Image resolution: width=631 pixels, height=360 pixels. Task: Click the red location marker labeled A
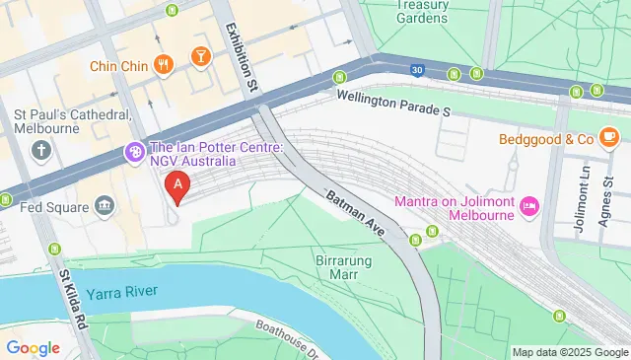[x=177, y=184]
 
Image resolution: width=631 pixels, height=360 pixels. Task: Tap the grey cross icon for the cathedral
[x=41, y=151]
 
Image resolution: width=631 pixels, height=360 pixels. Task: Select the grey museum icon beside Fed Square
[x=104, y=206]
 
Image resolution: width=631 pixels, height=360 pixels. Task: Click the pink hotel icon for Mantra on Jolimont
[x=528, y=205]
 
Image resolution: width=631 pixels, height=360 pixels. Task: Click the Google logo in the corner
[x=34, y=347]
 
